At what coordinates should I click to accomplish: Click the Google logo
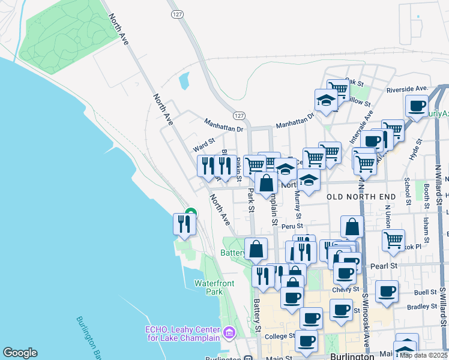20,353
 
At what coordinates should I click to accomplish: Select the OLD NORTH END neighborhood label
361,197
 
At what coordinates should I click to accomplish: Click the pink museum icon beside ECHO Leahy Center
228,332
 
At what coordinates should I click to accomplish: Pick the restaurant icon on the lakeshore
184,224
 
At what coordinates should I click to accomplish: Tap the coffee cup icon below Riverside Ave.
416,106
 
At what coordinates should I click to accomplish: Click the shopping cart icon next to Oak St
338,89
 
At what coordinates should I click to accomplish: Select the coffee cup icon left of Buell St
387,291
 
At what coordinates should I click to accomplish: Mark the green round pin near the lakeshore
191,213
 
